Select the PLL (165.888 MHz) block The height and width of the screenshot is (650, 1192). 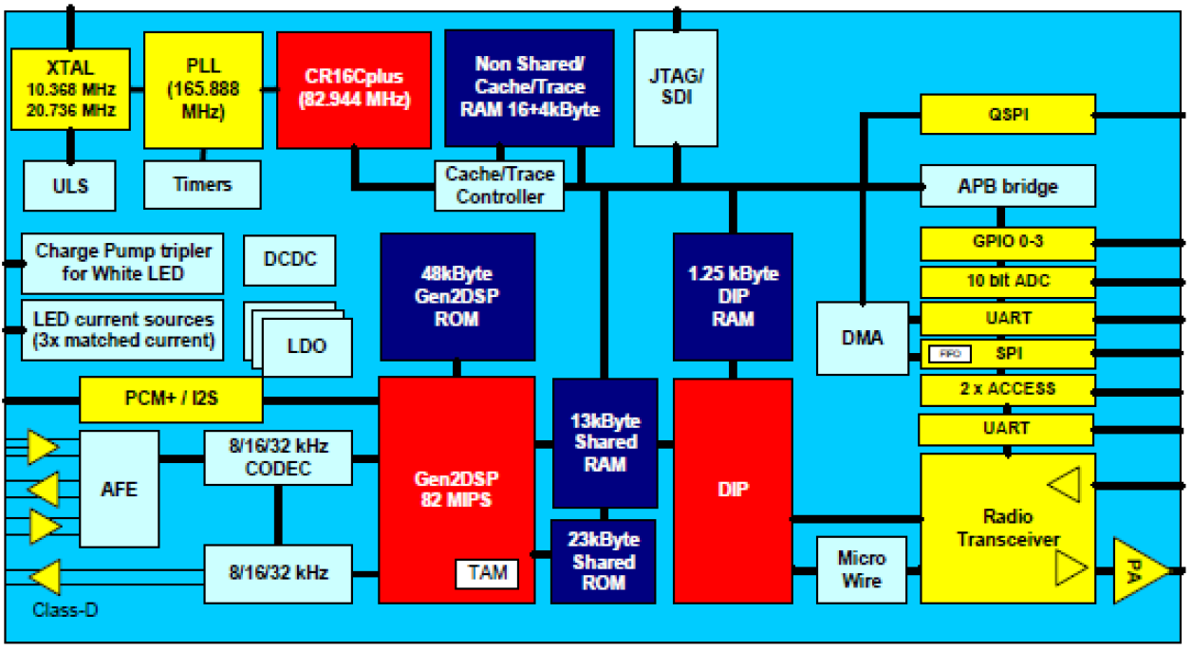(202, 89)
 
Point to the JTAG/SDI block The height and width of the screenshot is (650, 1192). (676, 88)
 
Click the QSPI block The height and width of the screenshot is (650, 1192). (1008, 115)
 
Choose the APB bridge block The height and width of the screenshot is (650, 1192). (1008, 186)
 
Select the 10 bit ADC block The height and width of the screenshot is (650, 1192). (1008, 281)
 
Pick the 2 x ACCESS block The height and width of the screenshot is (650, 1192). (1008, 390)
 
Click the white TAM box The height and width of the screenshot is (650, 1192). (487, 573)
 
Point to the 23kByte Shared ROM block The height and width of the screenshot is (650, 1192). (604, 561)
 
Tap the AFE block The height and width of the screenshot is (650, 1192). (120, 490)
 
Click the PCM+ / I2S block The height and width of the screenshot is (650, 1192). (170, 399)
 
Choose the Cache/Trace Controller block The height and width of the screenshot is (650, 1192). (499, 185)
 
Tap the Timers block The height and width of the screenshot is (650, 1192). (202, 184)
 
